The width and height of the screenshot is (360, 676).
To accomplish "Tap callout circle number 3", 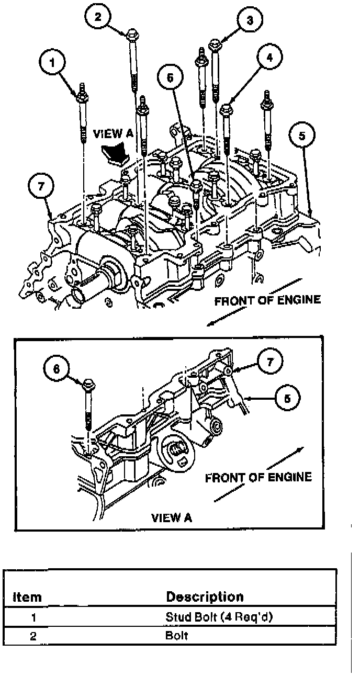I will [x=250, y=21].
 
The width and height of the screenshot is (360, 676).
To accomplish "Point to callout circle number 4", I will [x=269, y=58].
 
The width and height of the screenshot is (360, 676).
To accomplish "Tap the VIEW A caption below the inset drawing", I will [x=172, y=518].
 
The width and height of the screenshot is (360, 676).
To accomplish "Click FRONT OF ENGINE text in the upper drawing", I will [x=267, y=300].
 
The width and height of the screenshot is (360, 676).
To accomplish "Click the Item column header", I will [x=27, y=597].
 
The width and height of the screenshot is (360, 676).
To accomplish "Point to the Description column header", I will [x=205, y=596].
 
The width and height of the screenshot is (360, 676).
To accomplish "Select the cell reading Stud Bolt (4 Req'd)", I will [x=219, y=617].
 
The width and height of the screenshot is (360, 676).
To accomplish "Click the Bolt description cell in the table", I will [x=177, y=636].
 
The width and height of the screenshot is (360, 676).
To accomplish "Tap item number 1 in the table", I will [x=32, y=617].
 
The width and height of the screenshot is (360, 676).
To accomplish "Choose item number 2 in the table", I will [x=32, y=637].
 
